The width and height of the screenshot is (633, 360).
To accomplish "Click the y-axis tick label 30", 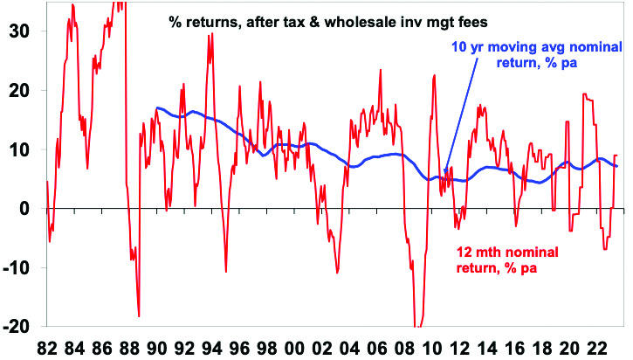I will [x=17, y=31].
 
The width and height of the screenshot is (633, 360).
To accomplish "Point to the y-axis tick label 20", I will [x=17, y=90].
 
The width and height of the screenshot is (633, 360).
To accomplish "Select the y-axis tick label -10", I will [x=14, y=267].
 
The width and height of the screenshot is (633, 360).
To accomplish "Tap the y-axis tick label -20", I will [x=14, y=327].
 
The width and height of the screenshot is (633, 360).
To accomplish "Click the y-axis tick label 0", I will [x=24, y=208].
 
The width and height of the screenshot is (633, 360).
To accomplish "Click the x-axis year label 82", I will [x=48, y=346].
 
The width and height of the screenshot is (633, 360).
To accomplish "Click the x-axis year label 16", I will [x=517, y=346].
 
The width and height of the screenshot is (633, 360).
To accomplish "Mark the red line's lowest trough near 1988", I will [x=139, y=315].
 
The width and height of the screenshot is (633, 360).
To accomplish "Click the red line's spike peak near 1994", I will [x=210, y=35].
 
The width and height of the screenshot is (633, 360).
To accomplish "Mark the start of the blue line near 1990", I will [x=156, y=108].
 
